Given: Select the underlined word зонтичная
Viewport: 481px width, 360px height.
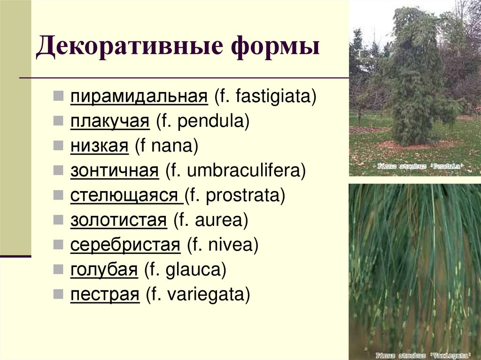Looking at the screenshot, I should pyautogui.click(x=115, y=171).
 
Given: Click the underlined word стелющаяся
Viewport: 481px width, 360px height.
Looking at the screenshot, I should pyautogui.click(x=126, y=196).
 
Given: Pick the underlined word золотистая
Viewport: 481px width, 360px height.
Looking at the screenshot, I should pyautogui.click(x=119, y=221).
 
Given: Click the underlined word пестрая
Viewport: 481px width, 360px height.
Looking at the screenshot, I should pyautogui.click(x=105, y=295).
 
